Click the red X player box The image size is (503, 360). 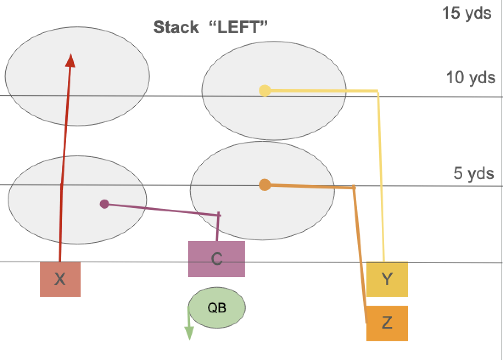point(60,279)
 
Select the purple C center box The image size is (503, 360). point(217,259)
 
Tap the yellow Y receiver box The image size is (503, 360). point(387,279)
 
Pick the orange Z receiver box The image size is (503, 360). point(387,323)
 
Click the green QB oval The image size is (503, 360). point(217,308)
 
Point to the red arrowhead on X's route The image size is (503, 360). point(70,61)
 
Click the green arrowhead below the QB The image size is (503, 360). point(189,333)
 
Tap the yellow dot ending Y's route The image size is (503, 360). point(265,90)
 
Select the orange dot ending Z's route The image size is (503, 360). point(265,185)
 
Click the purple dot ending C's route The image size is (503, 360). point(104,204)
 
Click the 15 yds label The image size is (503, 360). point(467,13)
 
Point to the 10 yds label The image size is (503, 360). point(471,77)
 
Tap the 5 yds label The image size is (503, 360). point(473,173)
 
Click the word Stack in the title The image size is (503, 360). point(176,27)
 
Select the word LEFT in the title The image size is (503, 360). point(238,27)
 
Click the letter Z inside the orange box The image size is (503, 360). point(387,322)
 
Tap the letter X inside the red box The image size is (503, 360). point(60,279)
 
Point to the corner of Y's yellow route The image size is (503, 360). point(378,92)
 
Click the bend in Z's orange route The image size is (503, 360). point(354,187)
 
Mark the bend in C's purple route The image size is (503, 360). point(218,215)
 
